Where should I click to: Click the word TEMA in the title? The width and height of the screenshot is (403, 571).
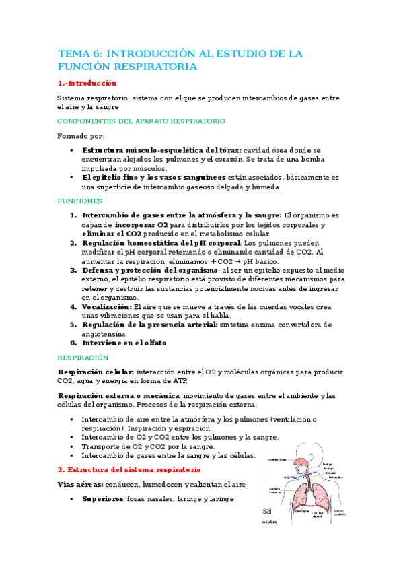73,53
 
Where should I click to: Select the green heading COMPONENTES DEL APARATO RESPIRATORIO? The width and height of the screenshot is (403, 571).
141,121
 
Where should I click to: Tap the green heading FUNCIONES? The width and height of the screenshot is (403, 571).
79,201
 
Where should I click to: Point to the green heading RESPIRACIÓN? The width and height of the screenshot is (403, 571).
82,358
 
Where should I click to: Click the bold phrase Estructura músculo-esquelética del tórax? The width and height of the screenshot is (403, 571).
161,149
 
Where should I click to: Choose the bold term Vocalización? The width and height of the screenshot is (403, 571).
106,306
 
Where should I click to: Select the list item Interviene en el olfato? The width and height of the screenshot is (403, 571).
124,343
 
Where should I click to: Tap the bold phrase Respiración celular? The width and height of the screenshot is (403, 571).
96,372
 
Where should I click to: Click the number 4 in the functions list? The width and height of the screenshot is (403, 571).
74,306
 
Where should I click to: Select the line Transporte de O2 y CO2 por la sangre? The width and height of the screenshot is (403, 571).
149,446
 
